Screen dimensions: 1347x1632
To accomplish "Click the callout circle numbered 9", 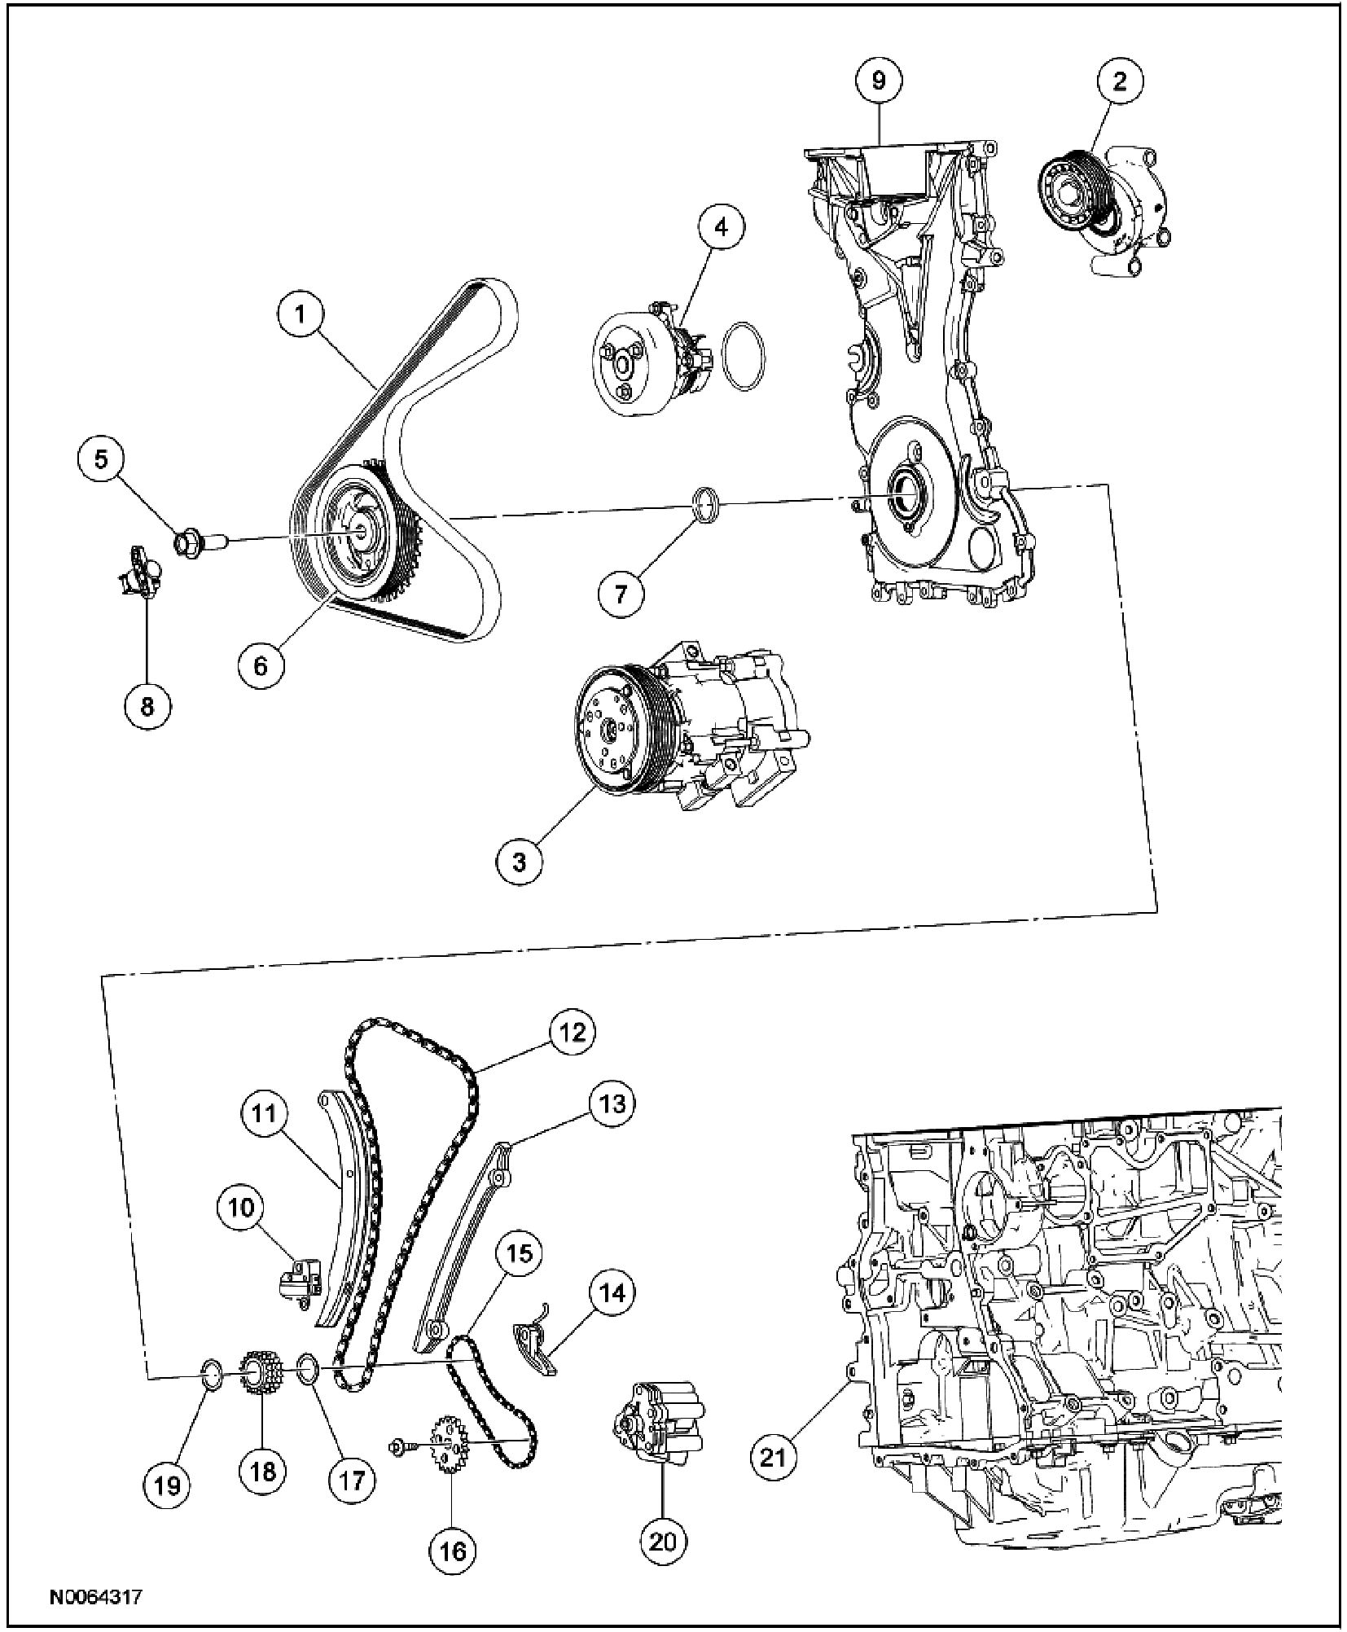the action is [x=878, y=80].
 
